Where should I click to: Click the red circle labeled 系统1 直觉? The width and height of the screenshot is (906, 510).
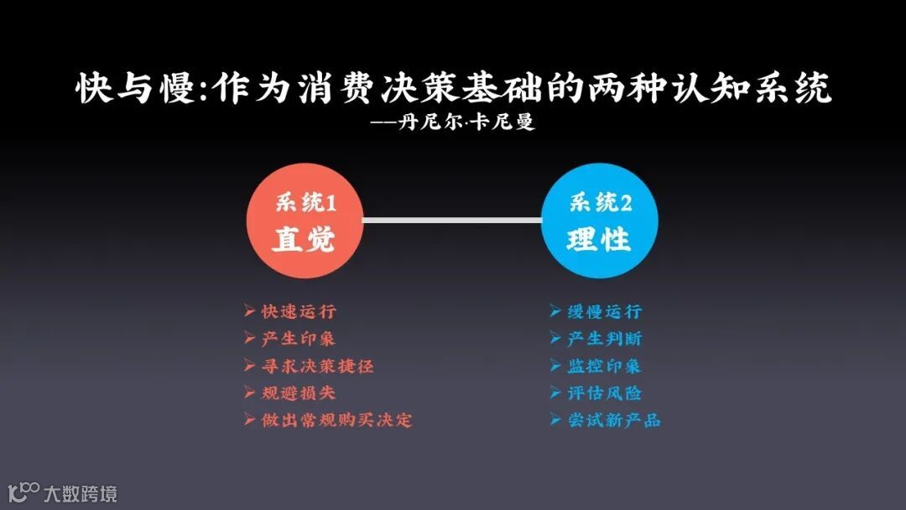[x=305, y=221]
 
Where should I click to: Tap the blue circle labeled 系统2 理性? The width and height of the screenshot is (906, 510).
[x=600, y=221]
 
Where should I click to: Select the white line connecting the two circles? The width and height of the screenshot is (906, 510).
[x=452, y=221]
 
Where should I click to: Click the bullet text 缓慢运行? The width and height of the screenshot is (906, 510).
[x=605, y=312]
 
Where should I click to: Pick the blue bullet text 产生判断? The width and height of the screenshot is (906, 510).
[x=605, y=339]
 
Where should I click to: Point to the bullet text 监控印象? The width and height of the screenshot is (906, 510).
[x=605, y=366]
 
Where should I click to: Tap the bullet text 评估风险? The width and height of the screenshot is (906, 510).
[x=605, y=393]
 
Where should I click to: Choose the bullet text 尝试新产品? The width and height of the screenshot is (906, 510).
[x=614, y=419]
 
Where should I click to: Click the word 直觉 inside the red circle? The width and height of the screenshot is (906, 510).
[x=304, y=241]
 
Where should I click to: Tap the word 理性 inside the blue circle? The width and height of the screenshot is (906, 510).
[x=599, y=241]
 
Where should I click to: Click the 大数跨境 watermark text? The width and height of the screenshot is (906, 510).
[x=81, y=492]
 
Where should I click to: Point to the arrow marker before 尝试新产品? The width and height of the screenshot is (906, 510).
[x=555, y=419]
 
